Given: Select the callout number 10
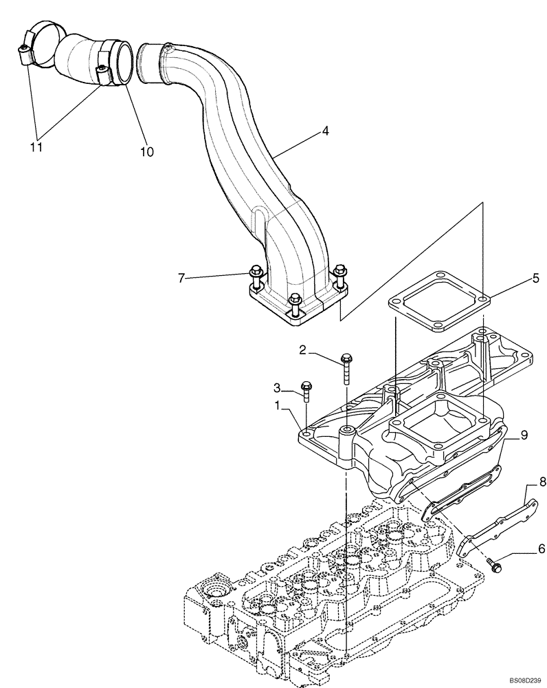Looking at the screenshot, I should [146, 151].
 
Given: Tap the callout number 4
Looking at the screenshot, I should [324, 130].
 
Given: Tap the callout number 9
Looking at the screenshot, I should [524, 435].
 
